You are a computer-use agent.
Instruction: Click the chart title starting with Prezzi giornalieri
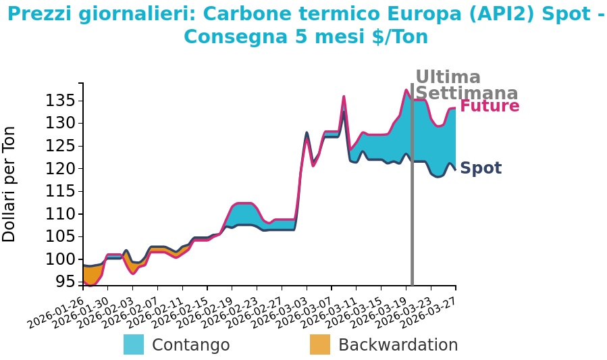306,25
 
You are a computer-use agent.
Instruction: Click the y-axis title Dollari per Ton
9,184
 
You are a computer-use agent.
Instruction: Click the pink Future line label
490,106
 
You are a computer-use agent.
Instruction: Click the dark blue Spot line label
481,168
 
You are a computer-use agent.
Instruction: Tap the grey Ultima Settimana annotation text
466,85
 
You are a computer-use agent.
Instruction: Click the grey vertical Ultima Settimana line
412,203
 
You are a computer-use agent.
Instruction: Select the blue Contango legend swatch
134,344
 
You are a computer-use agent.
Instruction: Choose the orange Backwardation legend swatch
320,344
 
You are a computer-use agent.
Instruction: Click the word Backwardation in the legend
398,345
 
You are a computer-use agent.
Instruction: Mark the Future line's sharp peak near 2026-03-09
344,97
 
